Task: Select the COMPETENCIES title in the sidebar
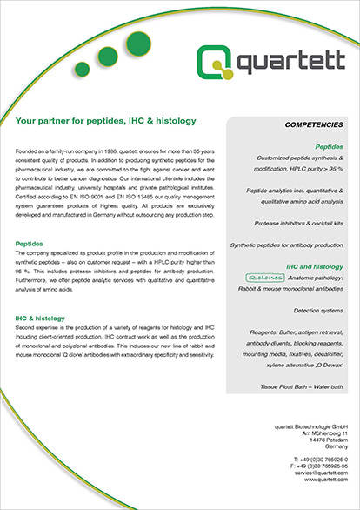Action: tap(316, 126)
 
